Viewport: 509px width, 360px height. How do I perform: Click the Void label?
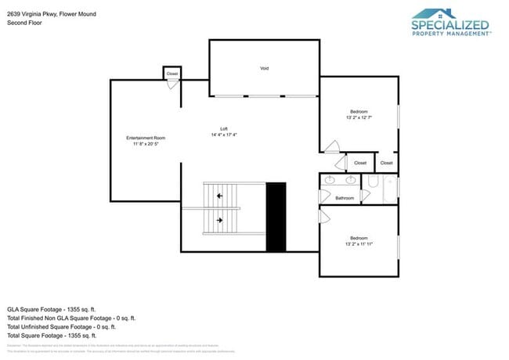click(264, 69)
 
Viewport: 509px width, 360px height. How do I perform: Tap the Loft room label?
click(223, 128)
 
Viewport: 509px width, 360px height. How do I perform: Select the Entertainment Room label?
click(146, 138)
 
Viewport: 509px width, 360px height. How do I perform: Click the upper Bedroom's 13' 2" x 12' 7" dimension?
click(358, 118)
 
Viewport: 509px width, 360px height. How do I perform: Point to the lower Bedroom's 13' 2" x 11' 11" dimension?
click(358, 244)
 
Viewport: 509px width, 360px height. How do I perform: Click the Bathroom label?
click(345, 198)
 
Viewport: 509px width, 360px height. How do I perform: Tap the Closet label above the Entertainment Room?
click(172, 74)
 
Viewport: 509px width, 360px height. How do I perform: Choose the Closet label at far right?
click(386, 163)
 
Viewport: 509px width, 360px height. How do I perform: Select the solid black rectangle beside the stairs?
click(276, 217)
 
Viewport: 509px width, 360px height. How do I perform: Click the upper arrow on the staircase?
click(220, 195)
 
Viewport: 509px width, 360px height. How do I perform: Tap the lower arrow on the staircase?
click(220, 221)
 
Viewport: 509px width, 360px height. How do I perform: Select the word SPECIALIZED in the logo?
click(450, 26)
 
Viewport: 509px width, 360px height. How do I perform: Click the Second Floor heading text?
click(23, 23)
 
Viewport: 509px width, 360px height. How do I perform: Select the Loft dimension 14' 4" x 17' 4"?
click(223, 135)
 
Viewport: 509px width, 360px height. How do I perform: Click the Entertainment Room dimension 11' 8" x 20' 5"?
click(146, 144)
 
